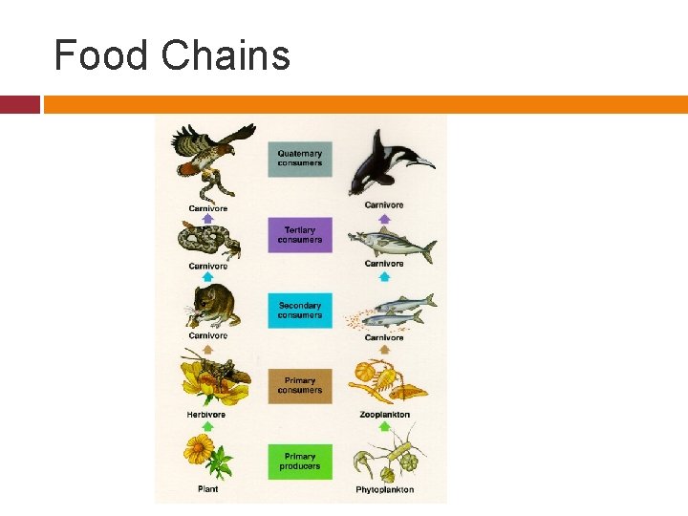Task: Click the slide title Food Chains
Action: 172,55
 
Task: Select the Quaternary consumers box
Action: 300,159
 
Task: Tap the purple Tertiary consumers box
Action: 300,234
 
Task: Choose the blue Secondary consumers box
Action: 300,311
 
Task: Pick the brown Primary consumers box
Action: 300,386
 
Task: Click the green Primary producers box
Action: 300,462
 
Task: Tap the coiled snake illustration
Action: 209,241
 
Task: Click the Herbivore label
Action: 207,415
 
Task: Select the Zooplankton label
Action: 384,415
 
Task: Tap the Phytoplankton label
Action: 384,490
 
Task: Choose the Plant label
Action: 207,489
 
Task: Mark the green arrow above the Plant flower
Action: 207,426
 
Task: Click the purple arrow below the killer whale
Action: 384,218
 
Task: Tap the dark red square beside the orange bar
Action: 20,104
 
